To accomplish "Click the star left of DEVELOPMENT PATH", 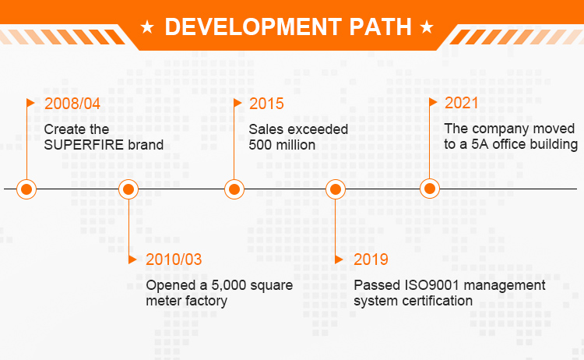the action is click(147, 27).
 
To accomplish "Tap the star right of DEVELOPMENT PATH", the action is click(427, 27).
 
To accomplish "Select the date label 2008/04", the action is click(72, 104).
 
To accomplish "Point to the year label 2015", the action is click(266, 104).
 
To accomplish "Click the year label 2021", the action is click(462, 103).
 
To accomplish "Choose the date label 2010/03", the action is click(174, 259).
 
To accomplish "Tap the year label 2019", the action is click(371, 259).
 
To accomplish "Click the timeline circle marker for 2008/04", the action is click(26, 189).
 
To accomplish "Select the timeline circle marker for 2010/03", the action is click(128, 189).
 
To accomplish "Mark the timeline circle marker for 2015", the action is click(234, 189).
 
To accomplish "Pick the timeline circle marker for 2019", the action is click(336, 189).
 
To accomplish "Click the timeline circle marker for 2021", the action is click(430, 189).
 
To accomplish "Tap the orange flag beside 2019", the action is click(339, 259).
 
